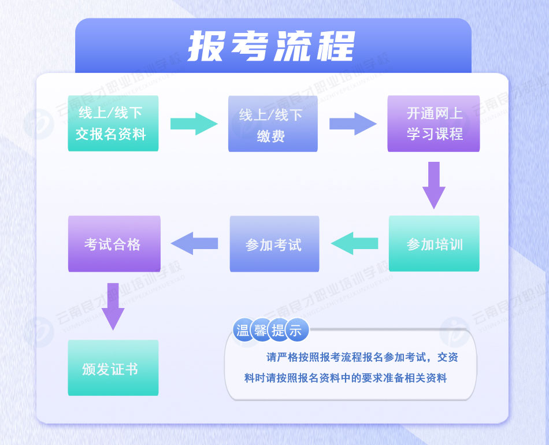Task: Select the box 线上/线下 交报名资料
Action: tap(113, 124)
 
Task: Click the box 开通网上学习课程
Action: tap(433, 124)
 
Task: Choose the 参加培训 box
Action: tap(433, 243)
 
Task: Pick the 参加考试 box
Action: tap(274, 244)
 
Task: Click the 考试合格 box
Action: tap(114, 244)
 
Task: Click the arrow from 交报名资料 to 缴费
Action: tap(193, 124)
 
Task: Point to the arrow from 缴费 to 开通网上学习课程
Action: tap(353, 124)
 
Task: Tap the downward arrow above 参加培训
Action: tap(434, 184)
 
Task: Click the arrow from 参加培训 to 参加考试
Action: tap(354, 243)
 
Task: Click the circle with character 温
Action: tap(243, 331)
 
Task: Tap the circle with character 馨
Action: tap(261, 331)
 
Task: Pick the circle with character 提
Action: tap(278, 331)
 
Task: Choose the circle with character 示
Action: tap(295, 331)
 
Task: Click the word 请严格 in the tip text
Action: tap(280, 358)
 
